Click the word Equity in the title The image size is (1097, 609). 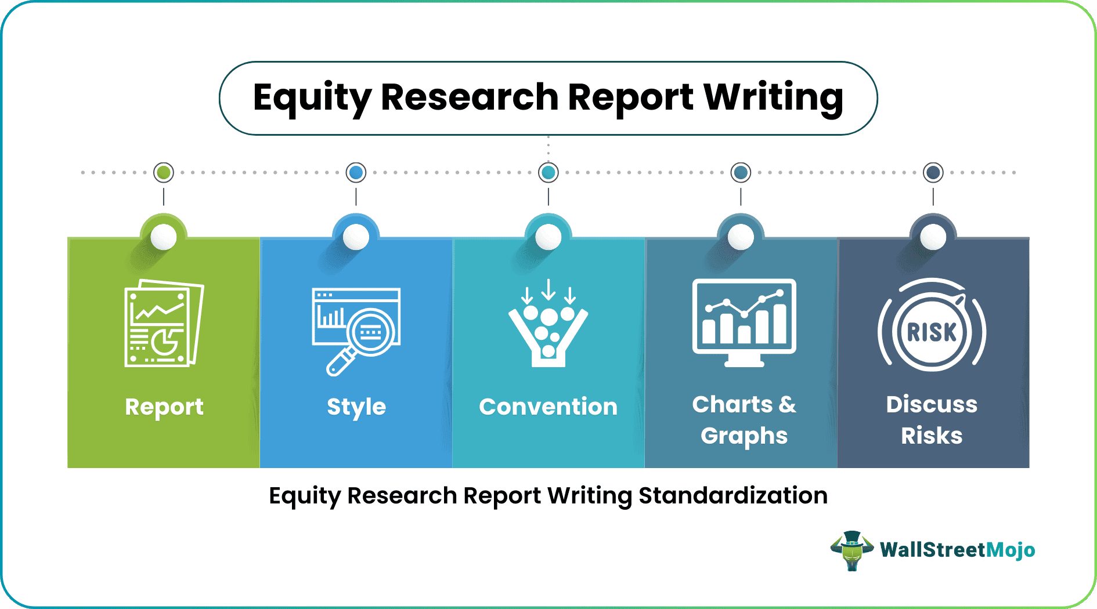(x=312, y=97)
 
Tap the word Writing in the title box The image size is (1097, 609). (x=773, y=97)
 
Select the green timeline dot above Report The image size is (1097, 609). (x=164, y=172)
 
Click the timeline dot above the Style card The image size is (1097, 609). (x=356, y=172)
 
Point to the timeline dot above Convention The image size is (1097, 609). (x=548, y=172)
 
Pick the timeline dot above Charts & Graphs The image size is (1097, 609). (x=741, y=172)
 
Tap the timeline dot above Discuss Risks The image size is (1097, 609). (x=933, y=172)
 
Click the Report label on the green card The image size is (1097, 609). (x=164, y=407)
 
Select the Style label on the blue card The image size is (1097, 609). (x=356, y=407)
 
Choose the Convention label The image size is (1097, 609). (x=548, y=407)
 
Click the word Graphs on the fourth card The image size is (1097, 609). (x=744, y=436)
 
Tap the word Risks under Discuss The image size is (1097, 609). (x=932, y=436)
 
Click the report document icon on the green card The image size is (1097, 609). (x=164, y=324)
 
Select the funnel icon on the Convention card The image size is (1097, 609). (x=548, y=325)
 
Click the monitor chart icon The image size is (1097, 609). (x=744, y=322)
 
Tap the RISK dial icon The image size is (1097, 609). (x=932, y=331)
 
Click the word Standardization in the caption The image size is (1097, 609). (x=733, y=496)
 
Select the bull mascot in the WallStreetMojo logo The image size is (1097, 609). (x=852, y=550)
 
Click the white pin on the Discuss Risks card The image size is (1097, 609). (x=933, y=237)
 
